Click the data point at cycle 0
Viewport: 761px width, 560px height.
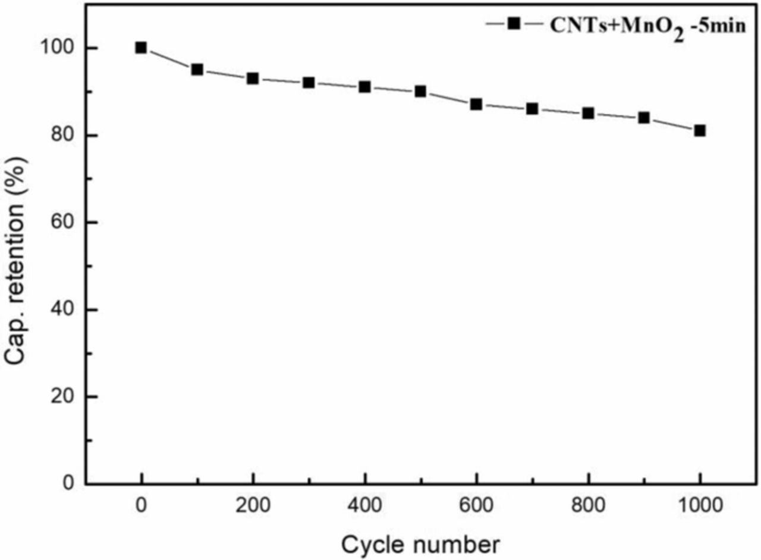click(141, 48)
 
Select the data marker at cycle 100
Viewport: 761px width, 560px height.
click(197, 70)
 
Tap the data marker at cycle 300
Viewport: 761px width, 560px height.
click(309, 83)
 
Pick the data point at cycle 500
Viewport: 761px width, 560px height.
click(420, 92)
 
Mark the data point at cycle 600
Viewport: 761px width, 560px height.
click(476, 105)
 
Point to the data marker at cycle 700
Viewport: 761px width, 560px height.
click(532, 109)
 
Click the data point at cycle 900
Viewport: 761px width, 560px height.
click(644, 118)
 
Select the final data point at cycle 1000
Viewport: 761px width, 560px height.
click(700, 131)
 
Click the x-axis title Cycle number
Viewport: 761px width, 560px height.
click(420, 543)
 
